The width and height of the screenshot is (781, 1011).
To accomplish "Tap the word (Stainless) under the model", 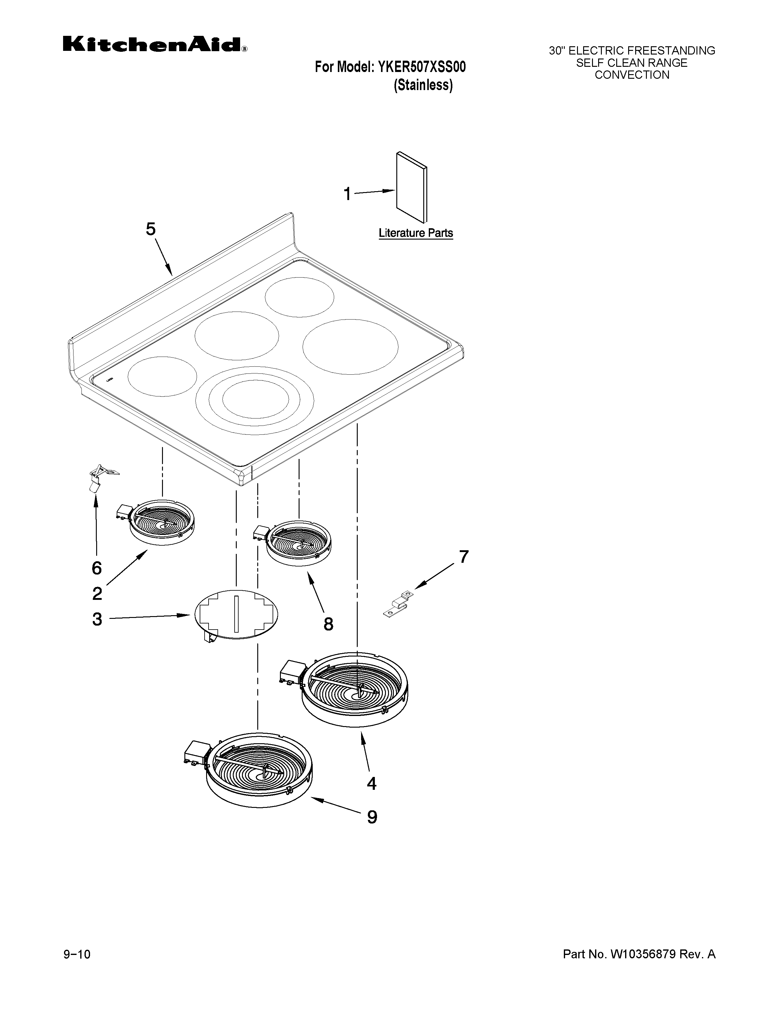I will pos(423,86).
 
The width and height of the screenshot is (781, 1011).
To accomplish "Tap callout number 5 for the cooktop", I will pos(151,229).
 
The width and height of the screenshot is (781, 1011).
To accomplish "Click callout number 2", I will pos(97,593).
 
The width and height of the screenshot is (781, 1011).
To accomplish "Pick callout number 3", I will pos(97,619).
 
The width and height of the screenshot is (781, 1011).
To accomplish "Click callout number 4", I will pos(371,784).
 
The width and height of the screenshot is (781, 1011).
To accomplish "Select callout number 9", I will pos(372,817).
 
